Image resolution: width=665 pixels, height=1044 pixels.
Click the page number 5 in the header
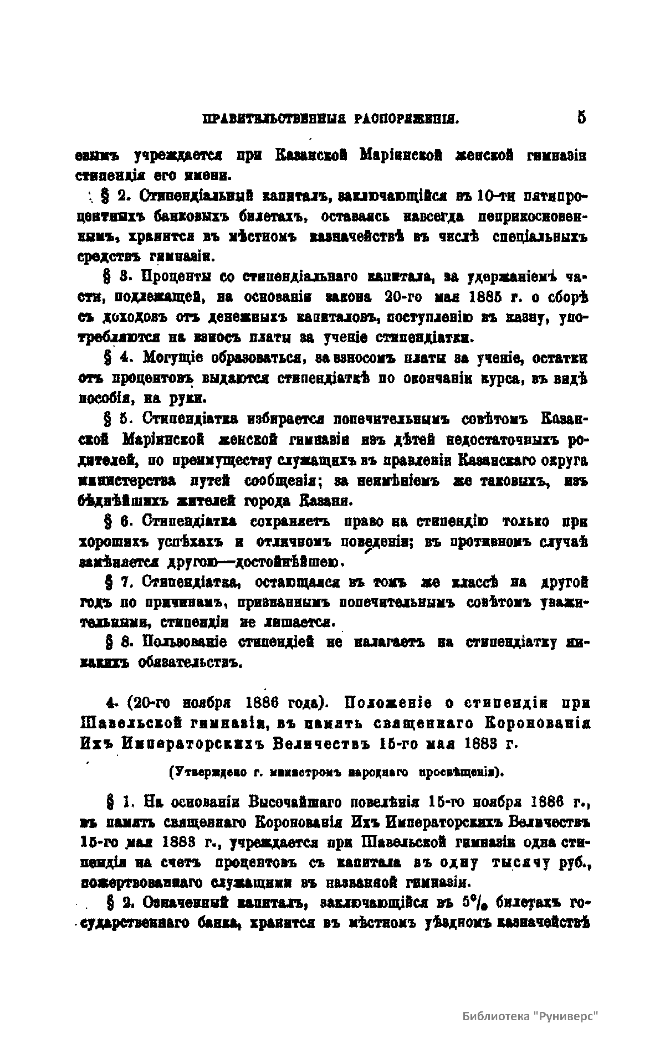point(581,117)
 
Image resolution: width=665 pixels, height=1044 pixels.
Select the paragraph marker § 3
point(114,276)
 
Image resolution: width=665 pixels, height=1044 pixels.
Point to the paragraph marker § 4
point(114,358)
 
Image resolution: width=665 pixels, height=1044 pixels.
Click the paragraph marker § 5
point(114,420)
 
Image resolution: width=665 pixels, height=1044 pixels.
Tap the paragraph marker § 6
point(114,522)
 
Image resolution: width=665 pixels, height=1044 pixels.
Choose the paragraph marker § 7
point(114,583)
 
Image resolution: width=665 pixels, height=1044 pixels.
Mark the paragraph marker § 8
point(114,644)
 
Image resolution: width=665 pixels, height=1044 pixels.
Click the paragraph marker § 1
point(114,803)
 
